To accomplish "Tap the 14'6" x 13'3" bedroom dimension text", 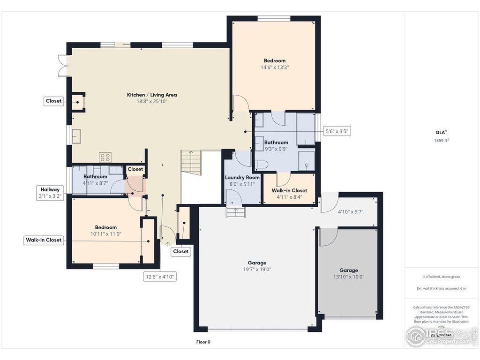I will point(274,67).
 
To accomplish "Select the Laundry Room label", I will point(242,178).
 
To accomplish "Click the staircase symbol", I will point(191,163).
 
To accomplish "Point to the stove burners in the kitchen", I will point(105,157).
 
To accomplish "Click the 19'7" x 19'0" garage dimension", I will point(257,270).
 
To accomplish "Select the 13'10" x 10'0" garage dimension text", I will point(348,277).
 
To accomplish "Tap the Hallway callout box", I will point(50,193).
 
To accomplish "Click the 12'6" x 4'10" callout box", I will point(159,277).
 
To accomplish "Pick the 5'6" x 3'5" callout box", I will point(338,131).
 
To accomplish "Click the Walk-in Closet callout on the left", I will point(44,240).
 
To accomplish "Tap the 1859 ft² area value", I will point(441,140).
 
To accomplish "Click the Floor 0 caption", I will point(203,342).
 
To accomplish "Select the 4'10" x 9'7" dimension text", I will point(351,211).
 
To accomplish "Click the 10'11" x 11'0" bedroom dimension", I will point(105,233).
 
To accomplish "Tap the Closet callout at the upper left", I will point(53,101).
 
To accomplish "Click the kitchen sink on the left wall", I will point(76,136).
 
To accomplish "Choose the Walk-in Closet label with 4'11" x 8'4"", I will point(289,190).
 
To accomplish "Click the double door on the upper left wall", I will point(62,66).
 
